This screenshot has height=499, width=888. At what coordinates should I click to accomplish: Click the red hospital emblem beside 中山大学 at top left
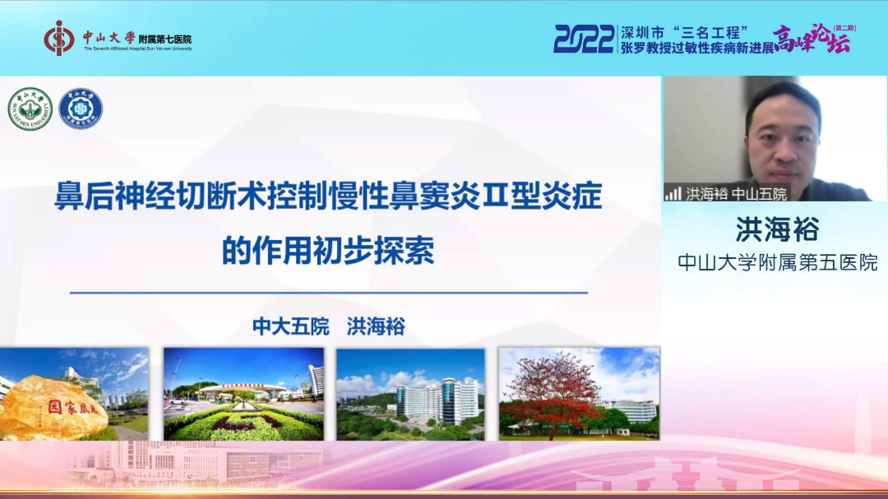59,39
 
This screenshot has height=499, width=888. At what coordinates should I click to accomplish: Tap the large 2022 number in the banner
584,39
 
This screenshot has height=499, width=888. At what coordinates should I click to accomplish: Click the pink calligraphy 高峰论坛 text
811,39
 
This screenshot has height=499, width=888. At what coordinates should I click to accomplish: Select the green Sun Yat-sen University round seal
30,109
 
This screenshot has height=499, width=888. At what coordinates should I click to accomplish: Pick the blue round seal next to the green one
80,109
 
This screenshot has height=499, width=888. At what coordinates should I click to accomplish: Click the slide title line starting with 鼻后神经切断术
329,198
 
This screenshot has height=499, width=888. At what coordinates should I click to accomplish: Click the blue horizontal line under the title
329,293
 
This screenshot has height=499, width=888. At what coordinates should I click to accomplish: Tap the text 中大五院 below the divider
290,326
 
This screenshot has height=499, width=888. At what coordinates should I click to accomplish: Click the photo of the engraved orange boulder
74,394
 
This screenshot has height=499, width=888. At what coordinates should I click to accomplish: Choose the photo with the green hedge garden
243,394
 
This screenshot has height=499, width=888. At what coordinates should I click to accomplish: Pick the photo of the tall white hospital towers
410,394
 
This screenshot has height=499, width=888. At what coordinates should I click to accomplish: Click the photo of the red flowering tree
579,394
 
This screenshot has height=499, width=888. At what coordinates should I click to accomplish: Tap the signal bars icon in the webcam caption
673,194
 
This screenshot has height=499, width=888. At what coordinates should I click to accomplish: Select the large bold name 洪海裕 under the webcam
776,229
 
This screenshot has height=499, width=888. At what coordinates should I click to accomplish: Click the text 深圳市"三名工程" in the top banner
684,32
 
